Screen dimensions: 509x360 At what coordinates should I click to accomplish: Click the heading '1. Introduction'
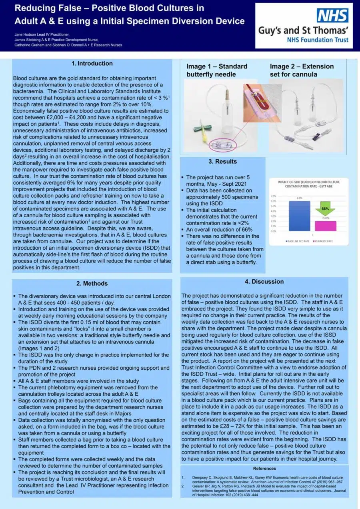click(x=92, y=64)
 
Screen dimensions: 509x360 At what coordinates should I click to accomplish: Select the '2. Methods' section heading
click(x=92, y=284)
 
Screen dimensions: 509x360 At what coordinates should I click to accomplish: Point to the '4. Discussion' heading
click(x=264, y=282)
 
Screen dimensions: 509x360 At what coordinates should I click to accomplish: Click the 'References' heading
click(x=264, y=468)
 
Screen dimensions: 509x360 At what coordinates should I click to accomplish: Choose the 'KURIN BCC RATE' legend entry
click(x=324, y=242)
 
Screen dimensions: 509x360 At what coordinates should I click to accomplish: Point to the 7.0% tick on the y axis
click(x=274, y=196)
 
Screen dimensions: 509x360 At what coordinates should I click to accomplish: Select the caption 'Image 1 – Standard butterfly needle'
click(x=217, y=70)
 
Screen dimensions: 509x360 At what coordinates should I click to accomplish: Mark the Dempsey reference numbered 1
click(x=264, y=480)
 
